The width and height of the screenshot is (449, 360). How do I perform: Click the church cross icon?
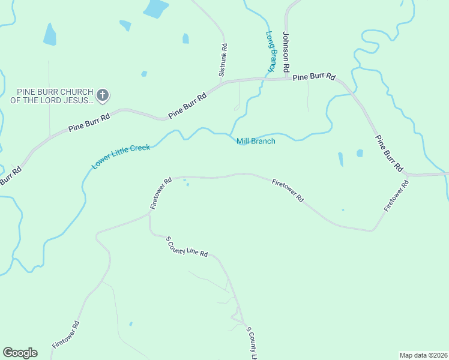point(103,95)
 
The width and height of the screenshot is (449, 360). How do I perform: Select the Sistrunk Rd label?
point(223,59)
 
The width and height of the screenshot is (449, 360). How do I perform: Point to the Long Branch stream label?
point(271,52)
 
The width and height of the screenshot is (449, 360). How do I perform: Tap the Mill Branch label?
point(256,142)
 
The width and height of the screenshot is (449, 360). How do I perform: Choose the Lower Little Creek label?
point(121,156)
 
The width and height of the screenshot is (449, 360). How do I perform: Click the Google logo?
point(20,353)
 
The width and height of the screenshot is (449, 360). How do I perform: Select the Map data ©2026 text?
point(423,355)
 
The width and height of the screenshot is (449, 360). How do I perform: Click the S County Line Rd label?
point(187,247)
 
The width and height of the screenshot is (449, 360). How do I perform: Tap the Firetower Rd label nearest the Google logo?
point(65,335)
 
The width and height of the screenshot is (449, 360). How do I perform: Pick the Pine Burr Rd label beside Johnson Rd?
point(314,77)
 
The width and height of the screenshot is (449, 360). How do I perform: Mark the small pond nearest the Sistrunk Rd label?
point(185,38)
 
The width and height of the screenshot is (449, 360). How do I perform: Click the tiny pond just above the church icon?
point(144,74)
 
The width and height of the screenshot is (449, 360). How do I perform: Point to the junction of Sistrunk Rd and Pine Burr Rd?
point(221,83)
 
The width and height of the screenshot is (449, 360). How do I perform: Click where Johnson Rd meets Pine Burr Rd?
point(286,78)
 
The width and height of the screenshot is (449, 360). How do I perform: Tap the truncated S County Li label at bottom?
point(252,344)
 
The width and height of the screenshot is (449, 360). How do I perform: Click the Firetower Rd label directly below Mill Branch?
point(288,190)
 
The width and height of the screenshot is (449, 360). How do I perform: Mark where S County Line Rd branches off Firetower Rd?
point(150,230)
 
